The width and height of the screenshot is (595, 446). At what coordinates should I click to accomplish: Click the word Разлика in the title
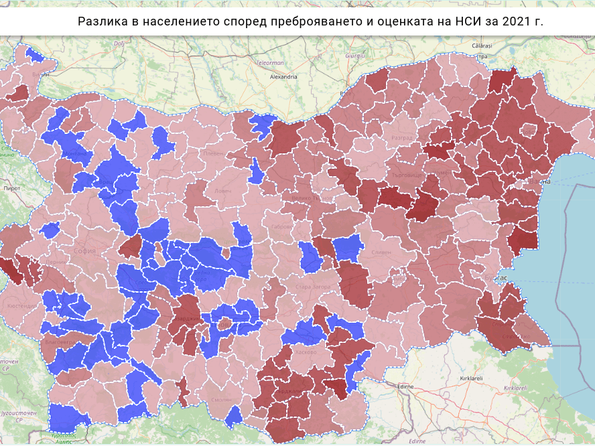101,21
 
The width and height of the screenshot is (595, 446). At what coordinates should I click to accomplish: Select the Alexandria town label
283,77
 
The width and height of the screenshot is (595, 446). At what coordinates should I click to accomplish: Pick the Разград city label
401,138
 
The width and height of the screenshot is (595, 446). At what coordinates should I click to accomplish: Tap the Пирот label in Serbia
12,190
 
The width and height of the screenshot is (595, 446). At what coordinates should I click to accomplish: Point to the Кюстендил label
22,305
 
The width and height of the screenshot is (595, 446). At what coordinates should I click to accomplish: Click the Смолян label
220,400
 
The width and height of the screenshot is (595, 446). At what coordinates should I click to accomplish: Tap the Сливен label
381,252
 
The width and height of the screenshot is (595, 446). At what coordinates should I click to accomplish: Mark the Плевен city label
212,153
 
